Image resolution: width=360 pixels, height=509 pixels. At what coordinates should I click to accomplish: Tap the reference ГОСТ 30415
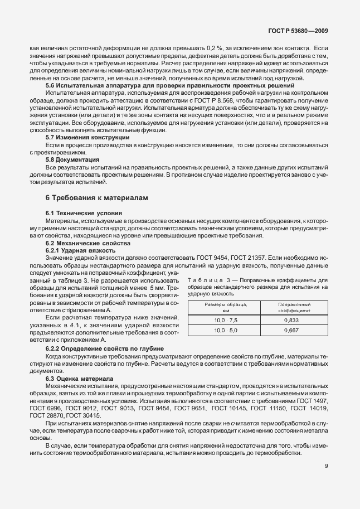coord(83,415)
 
